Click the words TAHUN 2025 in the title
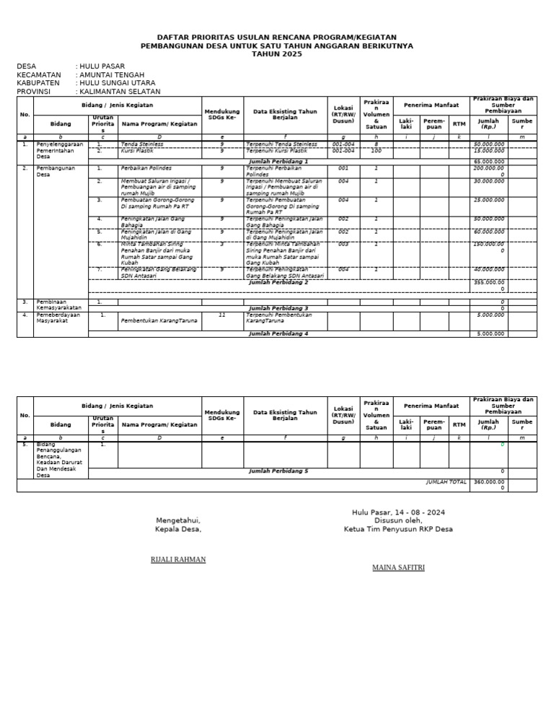click(x=277, y=54)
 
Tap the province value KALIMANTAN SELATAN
click(x=120, y=92)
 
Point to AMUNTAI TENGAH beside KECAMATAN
click(x=113, y=74)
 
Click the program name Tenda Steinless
click(x=143, y=144)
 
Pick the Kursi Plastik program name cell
click(x=138, y=151)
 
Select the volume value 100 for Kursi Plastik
click(x=376, y=151)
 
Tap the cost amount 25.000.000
click(x=488, y=199)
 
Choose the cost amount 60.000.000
click(x=488, y=232)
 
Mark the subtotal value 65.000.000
click(x=488, y=161)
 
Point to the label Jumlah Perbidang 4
click(x=278, y=333)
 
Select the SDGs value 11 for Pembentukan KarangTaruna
click(x=221, y=315)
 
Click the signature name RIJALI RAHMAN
click(x=178, y=559)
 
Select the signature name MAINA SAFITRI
click(x=398, y=567)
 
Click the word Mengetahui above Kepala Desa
click(x=178, y=520)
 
